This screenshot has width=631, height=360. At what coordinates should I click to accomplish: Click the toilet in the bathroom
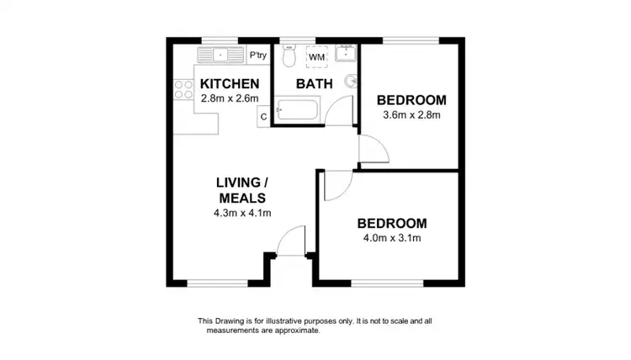coord(289,57)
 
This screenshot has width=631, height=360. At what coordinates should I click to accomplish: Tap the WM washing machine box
coord(316,57)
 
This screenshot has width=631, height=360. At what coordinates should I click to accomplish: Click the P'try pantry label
coord(257,56)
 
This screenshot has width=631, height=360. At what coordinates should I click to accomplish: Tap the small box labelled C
coord(263,117)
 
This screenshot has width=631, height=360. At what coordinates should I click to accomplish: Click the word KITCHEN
coord(229,84)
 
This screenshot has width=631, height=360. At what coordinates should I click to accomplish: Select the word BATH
coord(315,84)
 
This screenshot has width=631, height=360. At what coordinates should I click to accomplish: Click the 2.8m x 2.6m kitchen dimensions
coord(229,98)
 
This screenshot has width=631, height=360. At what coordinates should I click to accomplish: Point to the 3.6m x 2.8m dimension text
coord(412,115)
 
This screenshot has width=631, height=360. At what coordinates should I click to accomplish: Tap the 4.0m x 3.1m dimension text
coord(392,238)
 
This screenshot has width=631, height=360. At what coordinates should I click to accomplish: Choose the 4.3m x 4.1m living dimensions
coord(243,213)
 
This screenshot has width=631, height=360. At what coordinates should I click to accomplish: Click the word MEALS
coord(243,199)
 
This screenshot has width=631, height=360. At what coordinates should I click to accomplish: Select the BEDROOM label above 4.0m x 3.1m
coord(392,224)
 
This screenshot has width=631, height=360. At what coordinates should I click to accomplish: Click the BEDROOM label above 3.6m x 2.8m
coord(412,99)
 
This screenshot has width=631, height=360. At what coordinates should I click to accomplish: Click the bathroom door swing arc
coord(339,112)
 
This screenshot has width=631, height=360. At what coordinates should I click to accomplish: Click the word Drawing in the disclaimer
coord(231,320)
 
